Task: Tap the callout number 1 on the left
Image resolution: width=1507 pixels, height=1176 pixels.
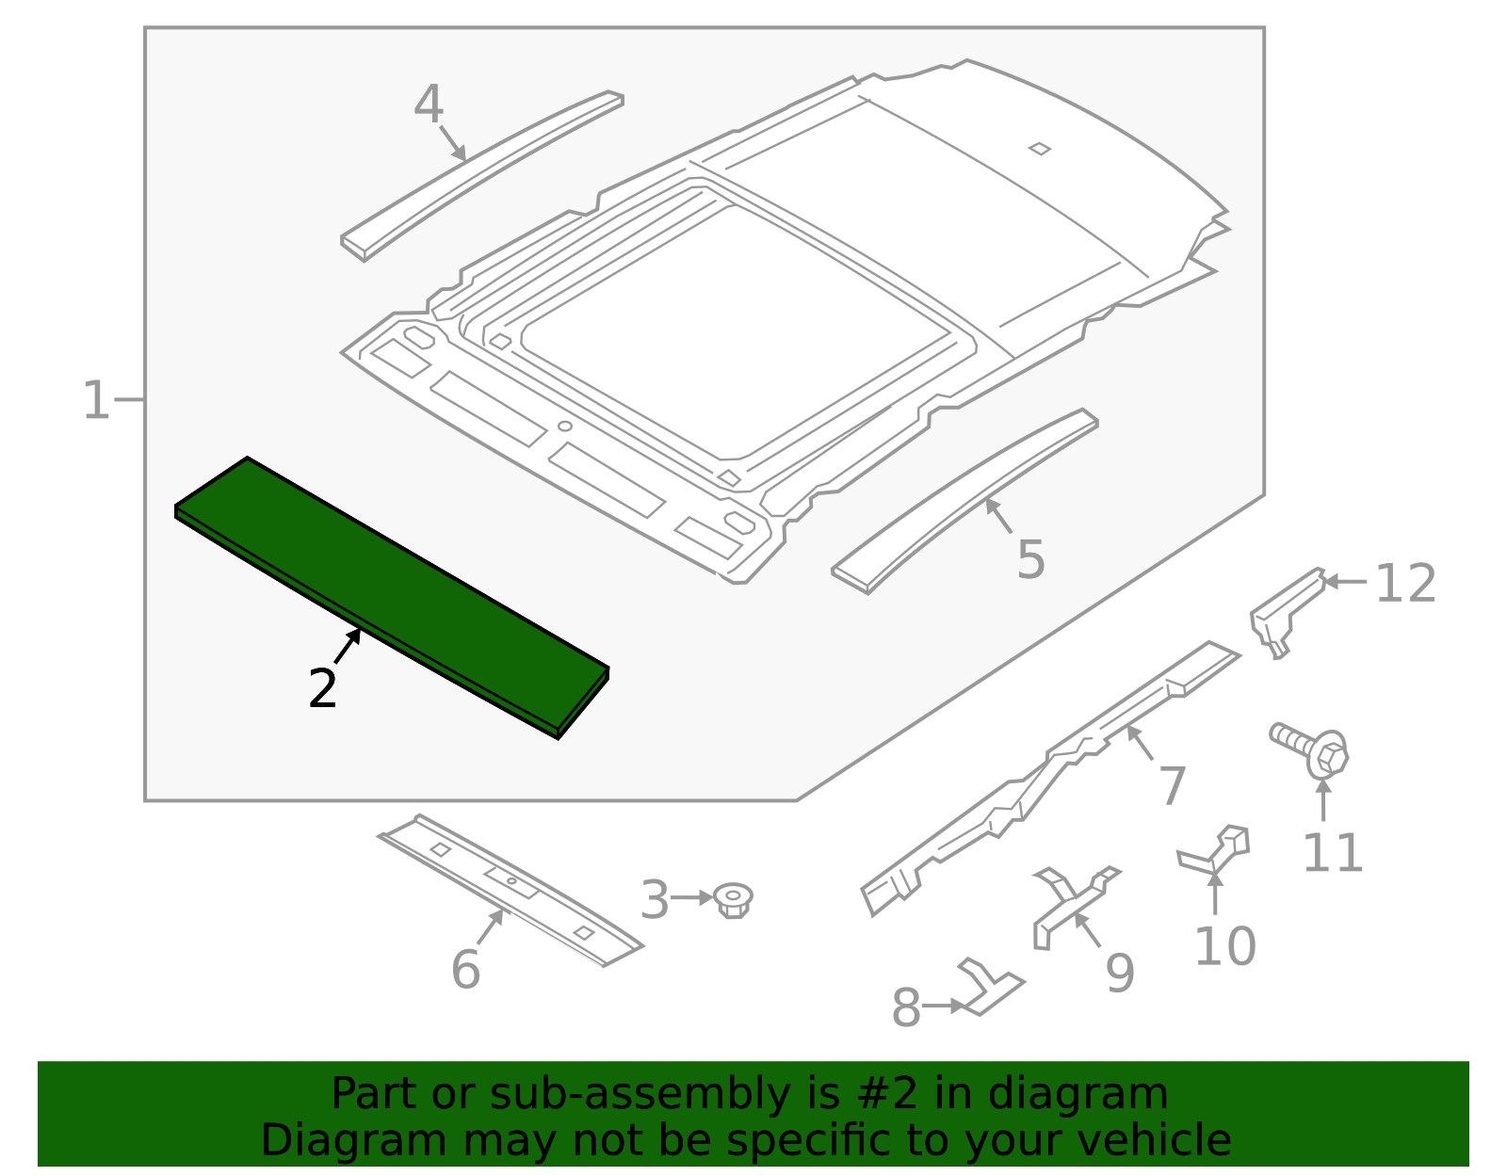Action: click(96, 401)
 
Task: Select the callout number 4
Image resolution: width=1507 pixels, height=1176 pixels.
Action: click(429, 105)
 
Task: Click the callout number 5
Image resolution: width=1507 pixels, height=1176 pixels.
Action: click(1031, 559)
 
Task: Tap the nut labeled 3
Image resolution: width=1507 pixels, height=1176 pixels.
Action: click(733, 900)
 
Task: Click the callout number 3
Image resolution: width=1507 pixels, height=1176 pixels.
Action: click(654, 900)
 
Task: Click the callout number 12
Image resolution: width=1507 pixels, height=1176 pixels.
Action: click(1405, 584)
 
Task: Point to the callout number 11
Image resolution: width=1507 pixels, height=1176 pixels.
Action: click(1332, 853)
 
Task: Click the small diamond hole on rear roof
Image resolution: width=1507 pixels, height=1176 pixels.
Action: click(1039, 148)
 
